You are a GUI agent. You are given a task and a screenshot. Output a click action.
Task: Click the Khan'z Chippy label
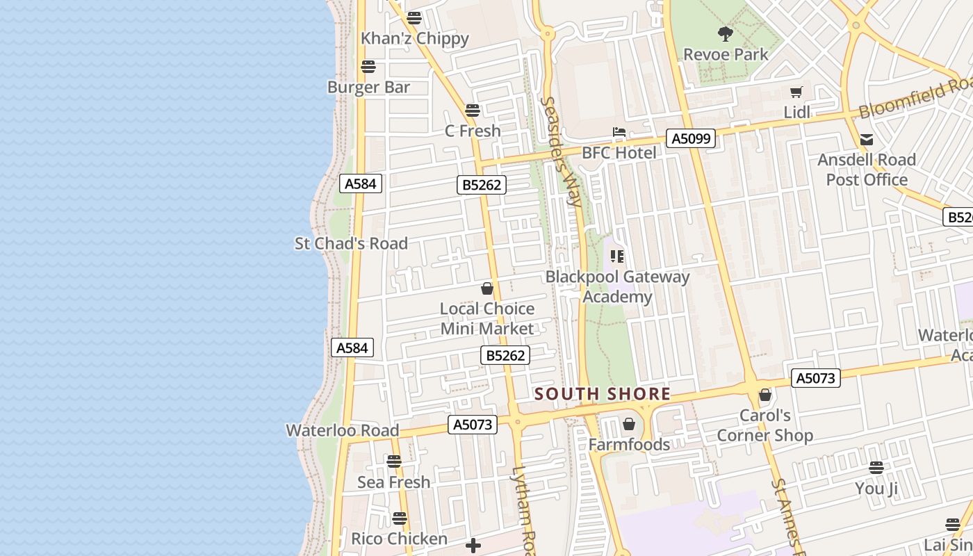414,39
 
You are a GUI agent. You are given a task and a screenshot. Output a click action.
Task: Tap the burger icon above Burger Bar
368,67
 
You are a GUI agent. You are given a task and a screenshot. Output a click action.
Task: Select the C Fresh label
473,131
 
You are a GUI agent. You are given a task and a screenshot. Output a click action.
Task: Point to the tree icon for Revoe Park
726,33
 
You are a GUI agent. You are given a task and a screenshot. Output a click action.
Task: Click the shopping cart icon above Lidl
796,92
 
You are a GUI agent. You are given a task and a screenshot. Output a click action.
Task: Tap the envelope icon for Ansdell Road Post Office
867,140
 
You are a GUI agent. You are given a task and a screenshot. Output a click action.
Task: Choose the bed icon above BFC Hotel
619,132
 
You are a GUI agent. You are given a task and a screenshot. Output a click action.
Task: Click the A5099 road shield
691,138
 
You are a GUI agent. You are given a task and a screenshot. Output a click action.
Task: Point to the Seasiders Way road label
562,152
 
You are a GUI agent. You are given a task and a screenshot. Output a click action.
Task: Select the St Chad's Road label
351,244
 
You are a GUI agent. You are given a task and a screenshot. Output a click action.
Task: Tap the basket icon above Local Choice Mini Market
487,288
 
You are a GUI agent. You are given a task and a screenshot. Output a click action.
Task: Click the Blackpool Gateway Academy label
617,286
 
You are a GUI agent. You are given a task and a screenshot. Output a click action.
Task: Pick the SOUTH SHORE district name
603,394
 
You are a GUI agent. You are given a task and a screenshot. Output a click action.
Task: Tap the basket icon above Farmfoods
629,423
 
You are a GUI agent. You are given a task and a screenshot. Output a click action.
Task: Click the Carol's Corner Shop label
764,425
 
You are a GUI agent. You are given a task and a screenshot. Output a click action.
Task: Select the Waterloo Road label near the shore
343,430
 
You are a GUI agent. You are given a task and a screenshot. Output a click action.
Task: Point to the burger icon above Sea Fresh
394,461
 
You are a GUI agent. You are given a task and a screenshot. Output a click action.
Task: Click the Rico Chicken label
399,539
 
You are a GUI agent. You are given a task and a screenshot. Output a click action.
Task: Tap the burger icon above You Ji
876,467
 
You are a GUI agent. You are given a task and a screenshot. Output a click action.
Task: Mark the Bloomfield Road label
915,99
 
